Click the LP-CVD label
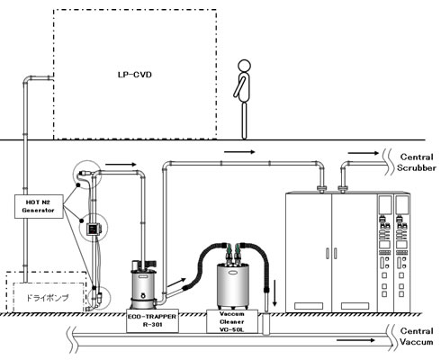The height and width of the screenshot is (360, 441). click(135, 75)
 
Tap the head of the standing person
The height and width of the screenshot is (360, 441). click(244, 66)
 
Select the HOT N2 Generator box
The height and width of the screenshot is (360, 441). click(39, 206)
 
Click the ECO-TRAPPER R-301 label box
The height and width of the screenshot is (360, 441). click(152, 320)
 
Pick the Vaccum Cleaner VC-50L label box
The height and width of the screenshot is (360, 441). click(232, 321)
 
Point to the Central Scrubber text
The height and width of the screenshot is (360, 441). click(417, 162)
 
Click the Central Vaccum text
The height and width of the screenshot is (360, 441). click(417, 337)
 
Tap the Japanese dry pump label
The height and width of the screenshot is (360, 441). click(48, 298)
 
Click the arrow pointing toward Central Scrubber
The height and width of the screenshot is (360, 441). click(364, 153)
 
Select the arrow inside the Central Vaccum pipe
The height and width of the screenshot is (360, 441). click(355, 340)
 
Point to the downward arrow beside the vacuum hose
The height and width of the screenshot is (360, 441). click(274, 293)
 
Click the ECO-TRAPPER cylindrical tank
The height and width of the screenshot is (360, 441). click(143, 285)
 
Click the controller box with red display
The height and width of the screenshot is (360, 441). click(94, 229)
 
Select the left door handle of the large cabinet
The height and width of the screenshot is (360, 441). click(328, 253)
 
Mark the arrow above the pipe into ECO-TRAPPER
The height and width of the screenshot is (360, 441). click(121, 165)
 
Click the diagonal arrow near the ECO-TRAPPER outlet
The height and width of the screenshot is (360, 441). click(176, 283)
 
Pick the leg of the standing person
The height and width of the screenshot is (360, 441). click(244, 121)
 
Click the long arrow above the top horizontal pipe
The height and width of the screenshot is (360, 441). click(239, 152)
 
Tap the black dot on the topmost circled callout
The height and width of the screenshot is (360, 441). click(78, 185)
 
